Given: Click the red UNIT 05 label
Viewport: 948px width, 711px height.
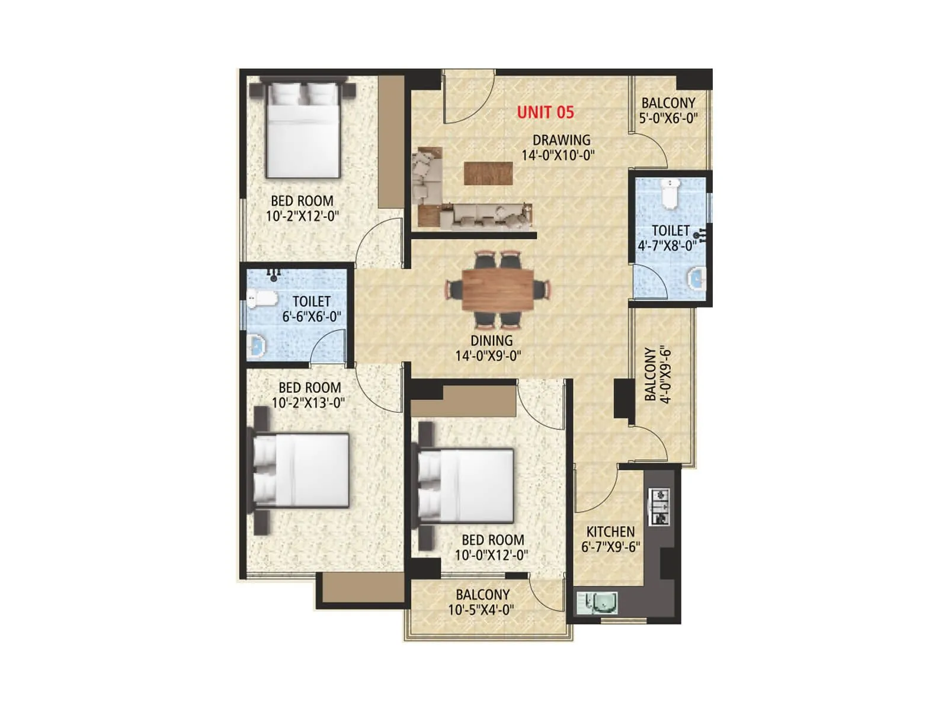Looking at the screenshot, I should coord(545,112).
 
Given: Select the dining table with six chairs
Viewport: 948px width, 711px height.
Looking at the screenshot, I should coord(498,289).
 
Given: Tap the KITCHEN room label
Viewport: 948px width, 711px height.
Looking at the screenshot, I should coord(610,531).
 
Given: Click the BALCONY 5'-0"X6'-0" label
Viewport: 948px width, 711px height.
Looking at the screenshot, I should coord(668,110).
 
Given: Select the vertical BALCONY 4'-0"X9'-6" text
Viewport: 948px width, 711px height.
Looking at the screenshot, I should coord(658,374).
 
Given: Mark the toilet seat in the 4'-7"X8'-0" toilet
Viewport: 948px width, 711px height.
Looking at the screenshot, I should coord(670,194).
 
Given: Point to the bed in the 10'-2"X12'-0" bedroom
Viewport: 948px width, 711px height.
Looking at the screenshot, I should coord(303,130).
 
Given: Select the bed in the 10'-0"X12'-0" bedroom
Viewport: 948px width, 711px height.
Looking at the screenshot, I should coord(465,485).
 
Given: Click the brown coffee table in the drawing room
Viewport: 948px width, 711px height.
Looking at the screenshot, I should coord(488,173).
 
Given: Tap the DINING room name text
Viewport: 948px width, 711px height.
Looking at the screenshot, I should coord(491,341).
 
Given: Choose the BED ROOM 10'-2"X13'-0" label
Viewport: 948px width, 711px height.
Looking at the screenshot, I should coord(309,395).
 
